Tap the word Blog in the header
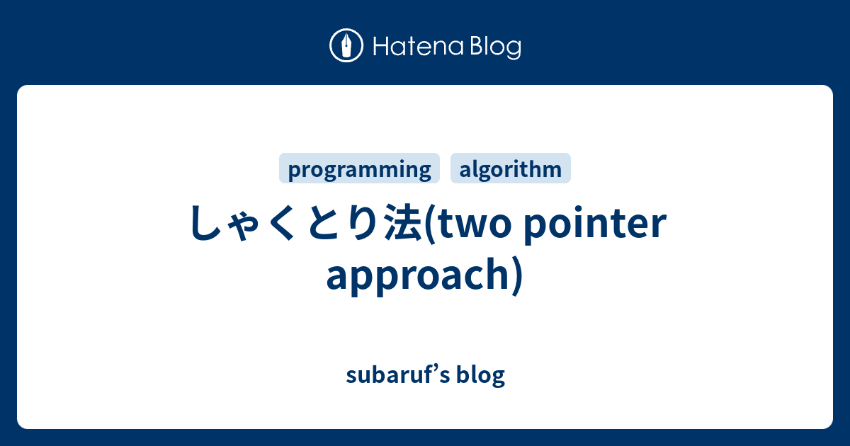[x=495, y=47]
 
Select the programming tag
[x=360, y=169]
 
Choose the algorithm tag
[x=511, y=169]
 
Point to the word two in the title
[x=471, y=225]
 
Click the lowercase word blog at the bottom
[x=482, y=374]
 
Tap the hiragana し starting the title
[x=205, y=224]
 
